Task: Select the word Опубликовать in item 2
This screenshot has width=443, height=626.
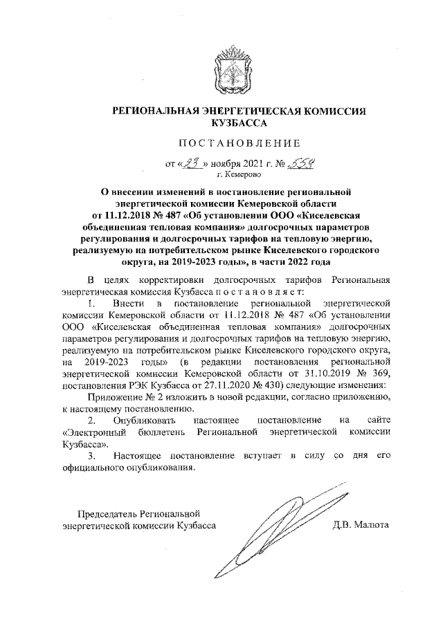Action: [146, 421]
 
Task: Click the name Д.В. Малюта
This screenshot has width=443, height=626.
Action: [361, 525]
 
